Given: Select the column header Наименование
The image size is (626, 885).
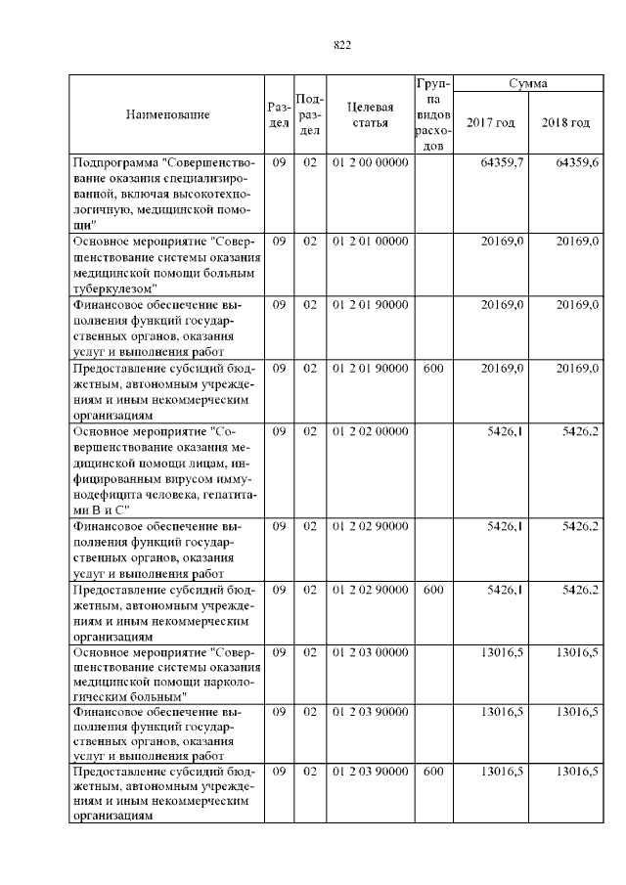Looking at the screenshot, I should (167, 115).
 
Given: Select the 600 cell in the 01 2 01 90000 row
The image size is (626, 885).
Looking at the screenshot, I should (433, 368).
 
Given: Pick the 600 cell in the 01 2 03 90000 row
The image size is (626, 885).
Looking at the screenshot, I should (433, 773).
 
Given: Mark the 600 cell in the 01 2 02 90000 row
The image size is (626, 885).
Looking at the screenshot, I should (433, 590).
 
